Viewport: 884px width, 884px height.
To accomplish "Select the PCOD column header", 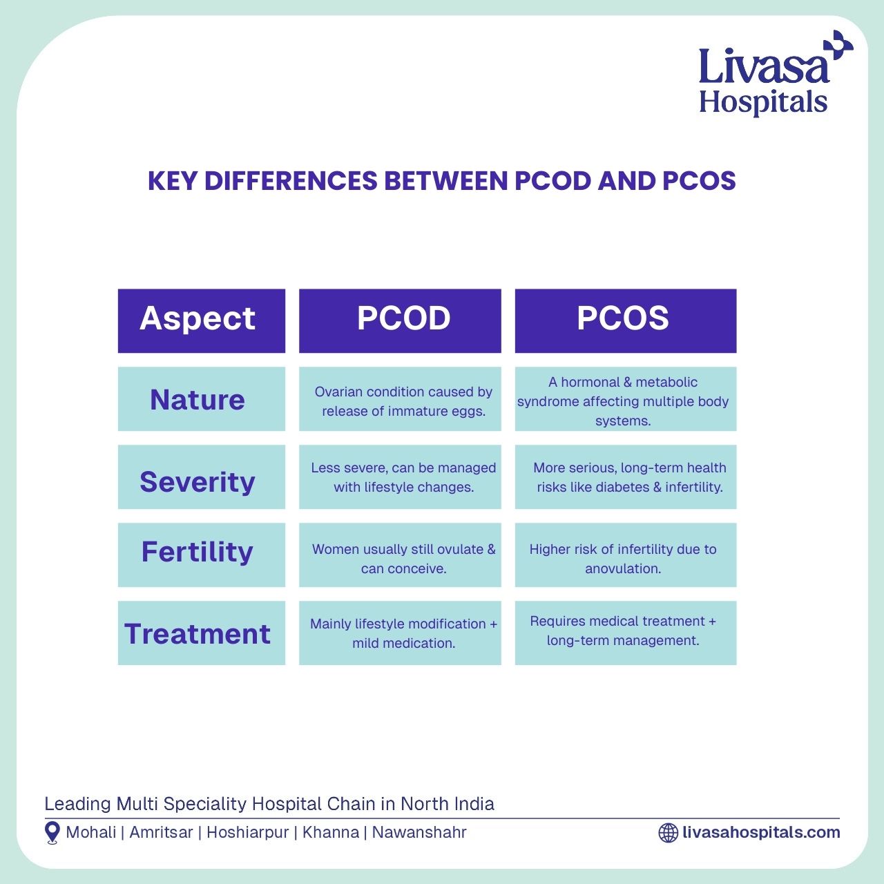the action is pyautogui.click(x=400, y=320).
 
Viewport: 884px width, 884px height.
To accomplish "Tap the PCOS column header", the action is pyautogui.click(x=626, y=320).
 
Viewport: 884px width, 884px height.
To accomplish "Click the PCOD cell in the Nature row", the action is pyautogui.click(x=400, y=398).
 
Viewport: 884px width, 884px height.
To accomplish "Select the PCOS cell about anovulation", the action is pyautogui.click(x=626, y=555).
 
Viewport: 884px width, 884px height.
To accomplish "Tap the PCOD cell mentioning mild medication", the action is pyautogui.click(x=400, y=633).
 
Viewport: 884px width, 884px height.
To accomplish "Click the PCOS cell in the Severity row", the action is pyautogui.click(x=626, y=477).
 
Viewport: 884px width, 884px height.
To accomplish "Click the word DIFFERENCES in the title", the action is pyautogui.click(x=291, y=181).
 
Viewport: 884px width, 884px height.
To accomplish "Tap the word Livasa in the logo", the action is pyautogui.click(x=765, y=67).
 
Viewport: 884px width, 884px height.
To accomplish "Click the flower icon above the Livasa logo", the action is pyautogui.click(x=838, y=45).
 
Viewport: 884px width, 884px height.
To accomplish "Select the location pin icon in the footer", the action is pyautogui.click(x=52, y=833).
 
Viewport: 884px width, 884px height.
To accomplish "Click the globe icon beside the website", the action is pyautogui.click(x=668, y=833).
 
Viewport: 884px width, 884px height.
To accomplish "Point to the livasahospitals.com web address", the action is pyautogui.click(x=761, y=832).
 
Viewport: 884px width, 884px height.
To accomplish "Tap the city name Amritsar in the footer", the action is pyautogui.click(x=161, y=832).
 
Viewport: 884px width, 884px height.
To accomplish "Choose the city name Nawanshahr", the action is pyautogui.click(x=419, y=832).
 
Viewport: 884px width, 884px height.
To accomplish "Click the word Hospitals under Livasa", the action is pyautogui.click(x=763, y=103).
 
